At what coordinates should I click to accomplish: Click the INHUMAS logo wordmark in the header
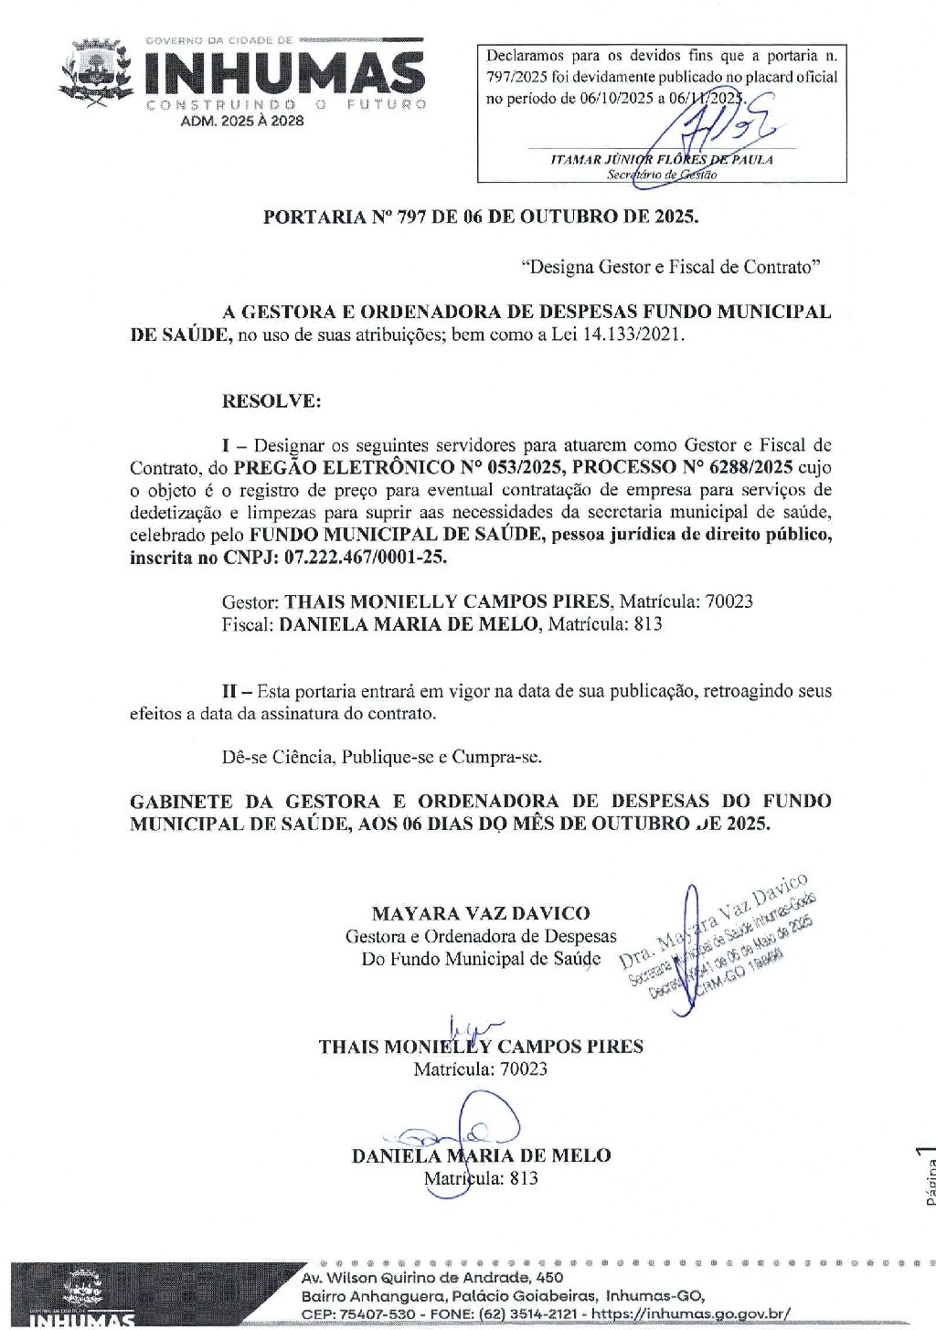(284, 73)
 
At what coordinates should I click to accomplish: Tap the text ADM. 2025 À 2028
(242, 121)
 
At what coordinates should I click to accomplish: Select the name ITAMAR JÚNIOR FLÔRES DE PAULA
(662, 159)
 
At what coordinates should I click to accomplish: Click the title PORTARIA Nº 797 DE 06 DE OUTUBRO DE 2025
(481, 218)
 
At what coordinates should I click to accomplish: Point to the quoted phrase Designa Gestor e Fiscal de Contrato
(671, 267)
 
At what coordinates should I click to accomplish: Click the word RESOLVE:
(271, 400)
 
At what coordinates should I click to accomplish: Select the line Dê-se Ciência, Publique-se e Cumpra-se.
(382, 758)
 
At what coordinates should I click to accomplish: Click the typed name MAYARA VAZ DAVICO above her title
(481, 913)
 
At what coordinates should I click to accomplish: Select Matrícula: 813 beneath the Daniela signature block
(481, 1178)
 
